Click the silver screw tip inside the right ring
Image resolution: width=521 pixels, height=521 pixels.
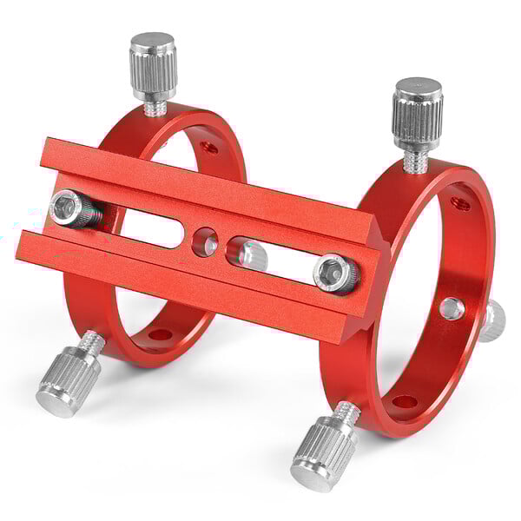pos(452,308)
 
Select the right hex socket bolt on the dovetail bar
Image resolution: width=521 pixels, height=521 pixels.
pos(335,273)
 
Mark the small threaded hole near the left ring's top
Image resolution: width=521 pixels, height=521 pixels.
pos(209,147)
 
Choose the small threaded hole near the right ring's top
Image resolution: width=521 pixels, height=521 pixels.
pos(460,205)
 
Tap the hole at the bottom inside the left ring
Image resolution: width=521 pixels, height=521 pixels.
pos(160,334)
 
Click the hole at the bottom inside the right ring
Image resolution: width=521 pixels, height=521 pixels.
pos(404,402)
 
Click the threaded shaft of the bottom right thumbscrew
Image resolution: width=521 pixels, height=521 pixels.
pos(346,415)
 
